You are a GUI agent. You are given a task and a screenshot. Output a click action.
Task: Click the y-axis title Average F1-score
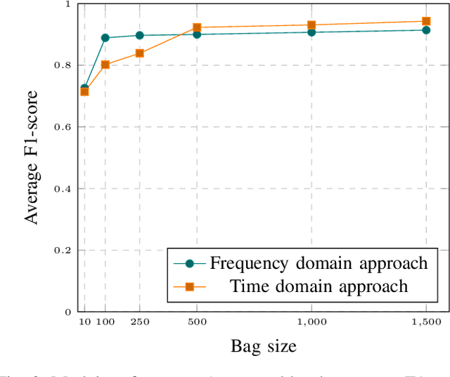(32, 158)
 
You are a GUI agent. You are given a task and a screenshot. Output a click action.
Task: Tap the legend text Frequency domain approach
(319, 263)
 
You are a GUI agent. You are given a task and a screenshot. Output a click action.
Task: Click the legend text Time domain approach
(319, 286)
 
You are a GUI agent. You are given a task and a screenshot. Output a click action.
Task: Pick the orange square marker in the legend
(190, 286)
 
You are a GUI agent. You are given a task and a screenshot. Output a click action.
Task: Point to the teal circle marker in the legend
(190, 263)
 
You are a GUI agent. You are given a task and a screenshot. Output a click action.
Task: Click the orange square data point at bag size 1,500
(426, 21)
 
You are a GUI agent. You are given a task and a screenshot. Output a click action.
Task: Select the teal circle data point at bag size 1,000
(311, 32)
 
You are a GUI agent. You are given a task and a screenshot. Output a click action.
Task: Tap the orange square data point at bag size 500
(197, 27)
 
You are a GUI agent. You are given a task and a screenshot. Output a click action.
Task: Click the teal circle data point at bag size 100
(105, 38)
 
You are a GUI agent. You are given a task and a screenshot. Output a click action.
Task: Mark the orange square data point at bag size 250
(139, 53)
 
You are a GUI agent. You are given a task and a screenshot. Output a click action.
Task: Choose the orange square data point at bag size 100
(105, 65)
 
